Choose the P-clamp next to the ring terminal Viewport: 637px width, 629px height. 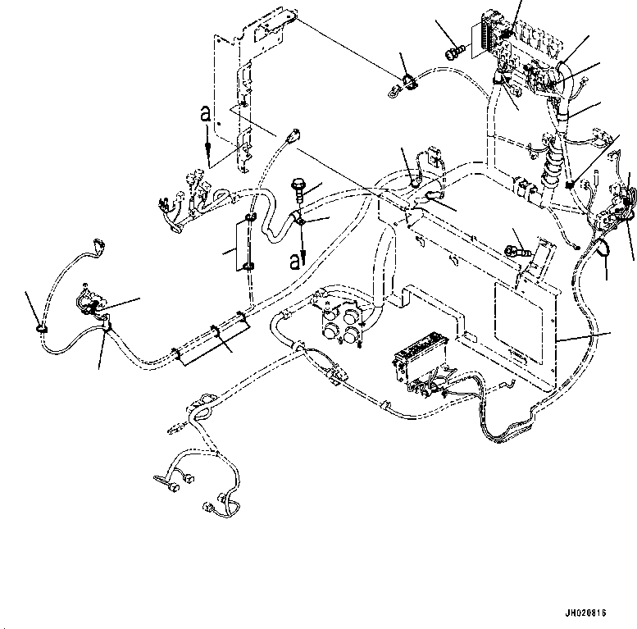click(407, 82)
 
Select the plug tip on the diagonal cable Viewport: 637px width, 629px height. click(294, 136)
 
